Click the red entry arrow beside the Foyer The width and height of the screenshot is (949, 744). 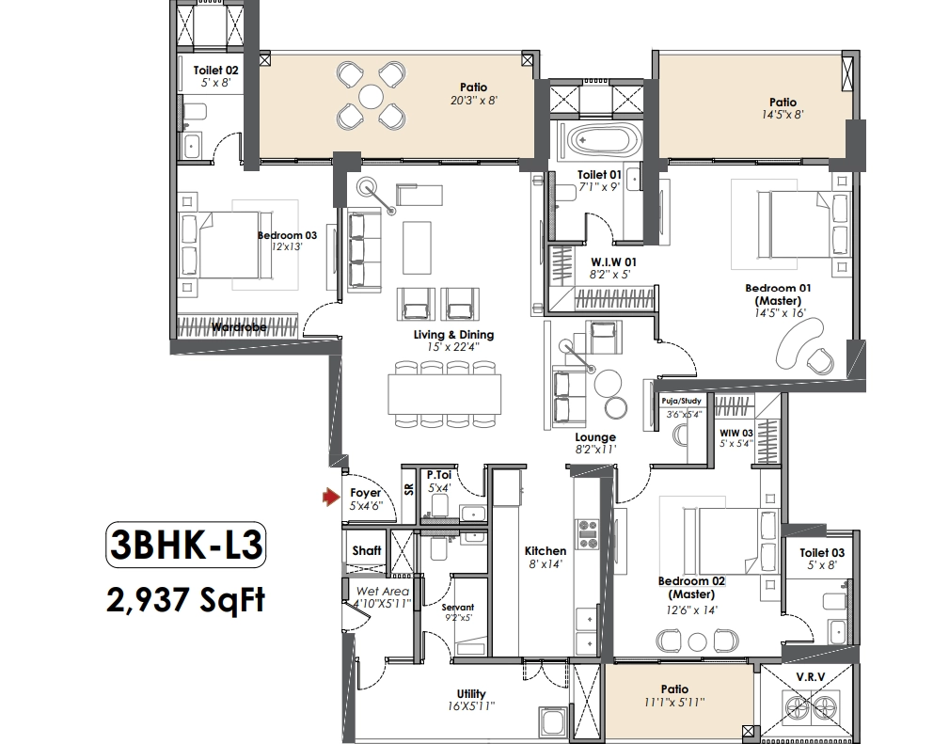click(x=331, y=498)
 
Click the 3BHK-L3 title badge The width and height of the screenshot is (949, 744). click(x=186, y=545)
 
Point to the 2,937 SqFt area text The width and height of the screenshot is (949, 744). click(x=186, y=600)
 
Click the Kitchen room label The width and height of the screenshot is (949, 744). click(x=546, y=551)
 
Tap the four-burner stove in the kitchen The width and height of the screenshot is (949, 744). click(x=587, y=534)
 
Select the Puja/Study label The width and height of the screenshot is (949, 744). click(x=682, y=401)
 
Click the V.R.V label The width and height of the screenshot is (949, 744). click(x=811, y=677)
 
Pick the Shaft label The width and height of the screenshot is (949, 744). click(x=367, y=550)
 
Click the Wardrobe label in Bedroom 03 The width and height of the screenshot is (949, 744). click(x=239, y=327)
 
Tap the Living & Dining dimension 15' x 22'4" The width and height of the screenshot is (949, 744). click(x=453, y=347)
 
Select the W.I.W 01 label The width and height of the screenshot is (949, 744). click(x=614, y=262)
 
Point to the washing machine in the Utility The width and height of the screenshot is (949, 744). click(x=554, y=723)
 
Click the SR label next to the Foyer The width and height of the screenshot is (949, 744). click(x=409, y=488)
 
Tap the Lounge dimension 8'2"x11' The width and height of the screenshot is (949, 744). click(x=595, y=450)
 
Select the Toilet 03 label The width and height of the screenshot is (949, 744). click(x=822, y=553)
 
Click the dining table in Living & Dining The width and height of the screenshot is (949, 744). click(x=445, y=394)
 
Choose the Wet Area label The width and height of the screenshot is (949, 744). click(x=383, y=592)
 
